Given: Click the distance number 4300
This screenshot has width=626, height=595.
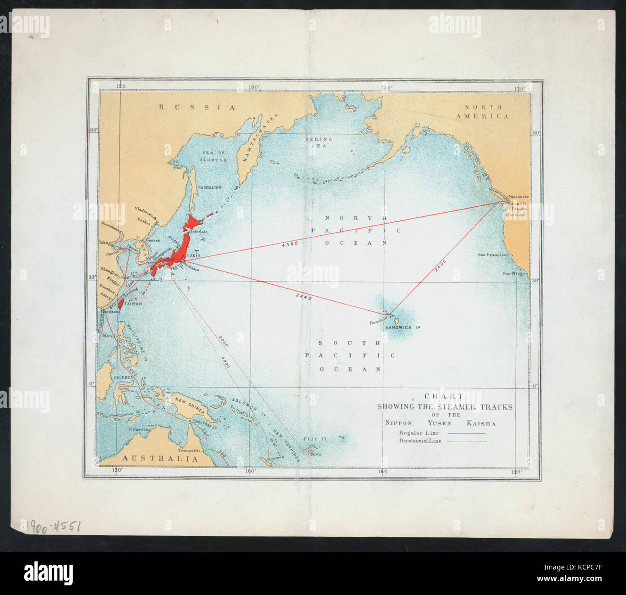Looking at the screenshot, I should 290,244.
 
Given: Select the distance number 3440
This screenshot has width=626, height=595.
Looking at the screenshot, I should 304,297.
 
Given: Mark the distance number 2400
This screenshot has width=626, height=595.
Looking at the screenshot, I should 440,266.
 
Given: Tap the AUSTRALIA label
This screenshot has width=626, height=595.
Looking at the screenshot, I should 159,459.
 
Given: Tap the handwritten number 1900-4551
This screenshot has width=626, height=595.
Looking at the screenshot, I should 51,526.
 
